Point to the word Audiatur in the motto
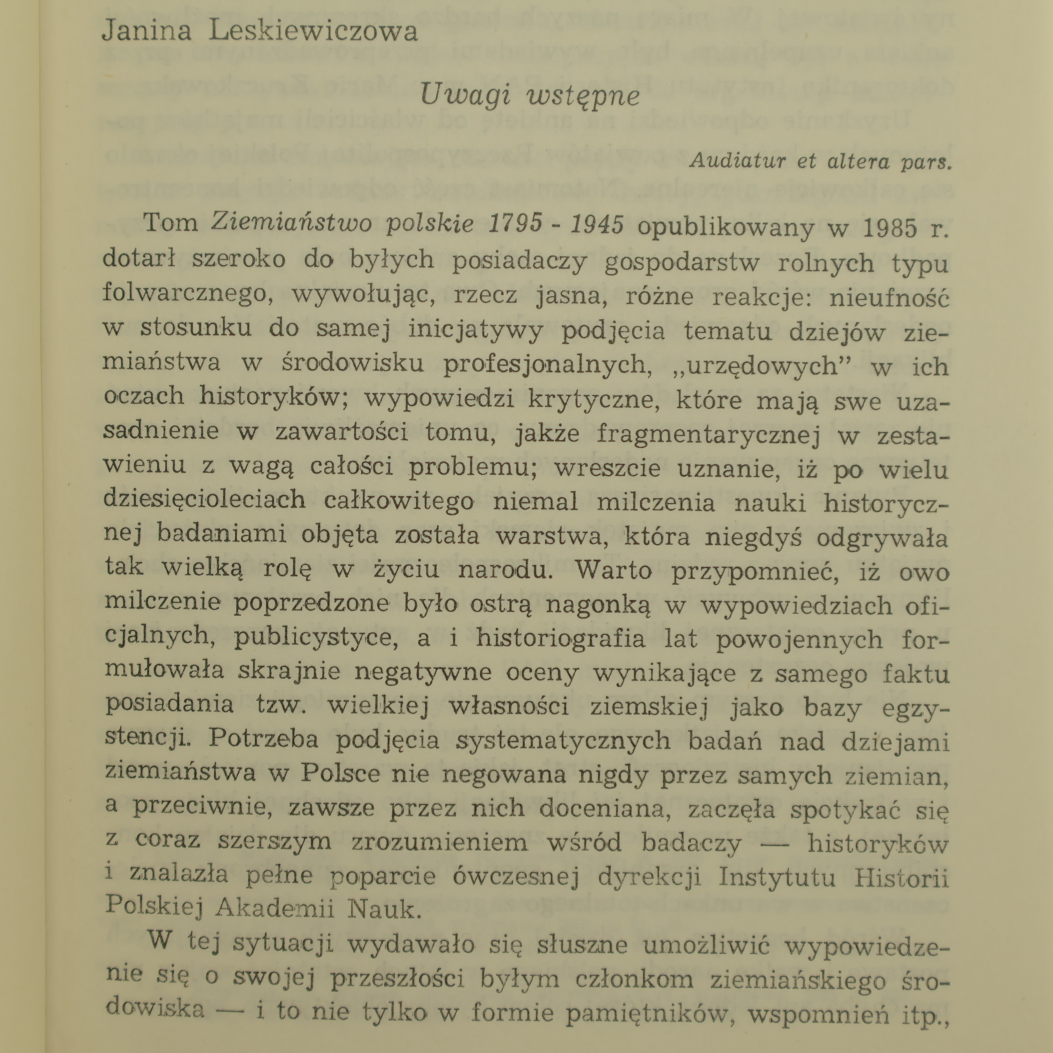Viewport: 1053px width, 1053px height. [x=737, y=162]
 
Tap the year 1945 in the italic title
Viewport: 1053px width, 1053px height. [x=598, y=226]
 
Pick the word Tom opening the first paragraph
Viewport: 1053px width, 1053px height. [x=170, y=223]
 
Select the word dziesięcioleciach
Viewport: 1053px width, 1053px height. [x=205, y=500]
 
